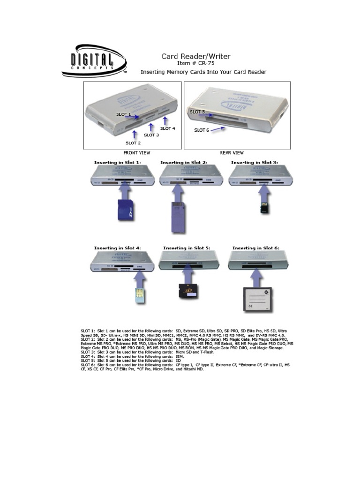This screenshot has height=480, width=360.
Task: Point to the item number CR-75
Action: pyautogui.click(x=203, y=64)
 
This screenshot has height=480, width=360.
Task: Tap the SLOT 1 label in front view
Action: pyautogui.click(x=124, y=114)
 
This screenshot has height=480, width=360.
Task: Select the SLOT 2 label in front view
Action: pyautogui.click(x=133, y=143)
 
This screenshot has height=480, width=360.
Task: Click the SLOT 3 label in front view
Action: pyautogui.click(x=151, y=135)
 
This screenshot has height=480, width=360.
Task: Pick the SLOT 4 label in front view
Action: pyautogui.click(x=167, y=128)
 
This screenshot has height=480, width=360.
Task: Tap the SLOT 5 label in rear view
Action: pyautogui.click(x=197, y=112)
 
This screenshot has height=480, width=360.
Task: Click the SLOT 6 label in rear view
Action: pyautogui.click(x=202, y=130)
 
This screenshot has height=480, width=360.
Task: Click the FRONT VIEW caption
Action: pyautogui.click(x=136, y=153)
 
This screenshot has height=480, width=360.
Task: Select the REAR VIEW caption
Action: pyautogui.click(x=232, y=153)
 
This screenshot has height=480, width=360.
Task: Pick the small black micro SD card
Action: pyautogui.click(x=264, y=208)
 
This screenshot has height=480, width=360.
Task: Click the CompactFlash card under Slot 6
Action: pyautogui.click(x=257, y=298)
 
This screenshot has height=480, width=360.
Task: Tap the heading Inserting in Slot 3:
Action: pyautogui.click(x=255, y=162)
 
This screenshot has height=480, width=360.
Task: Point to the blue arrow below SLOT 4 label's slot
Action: pyautogui.click(x=165, y=120)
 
